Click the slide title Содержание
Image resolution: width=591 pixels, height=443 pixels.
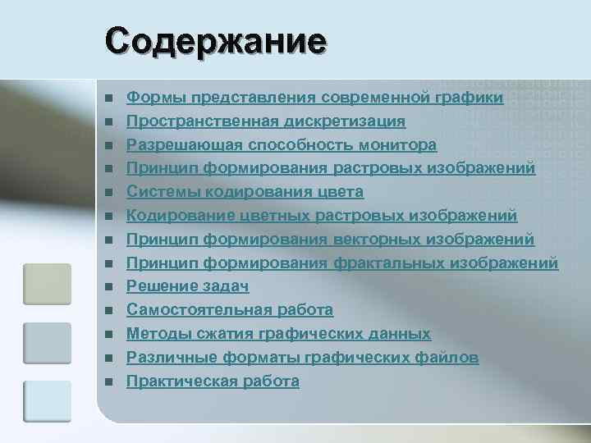(215, 40)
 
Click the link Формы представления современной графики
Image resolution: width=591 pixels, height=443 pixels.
(314, 98)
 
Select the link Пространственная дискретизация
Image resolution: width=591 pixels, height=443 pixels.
(265, 121)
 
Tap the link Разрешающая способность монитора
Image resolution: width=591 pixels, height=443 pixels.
(281, 145)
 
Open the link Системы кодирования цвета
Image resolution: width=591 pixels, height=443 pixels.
(245, 192)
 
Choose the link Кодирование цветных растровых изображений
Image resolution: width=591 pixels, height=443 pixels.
(321, 216)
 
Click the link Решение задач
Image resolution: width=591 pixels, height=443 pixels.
(187, 286)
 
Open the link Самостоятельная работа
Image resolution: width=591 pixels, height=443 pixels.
(229, 310)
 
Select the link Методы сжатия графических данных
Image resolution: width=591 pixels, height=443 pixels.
(278, 334)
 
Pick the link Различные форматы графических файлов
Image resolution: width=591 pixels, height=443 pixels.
(302, 358)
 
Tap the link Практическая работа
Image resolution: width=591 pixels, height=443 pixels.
(213, 381)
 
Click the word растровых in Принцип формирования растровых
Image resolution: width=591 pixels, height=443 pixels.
(374, 169)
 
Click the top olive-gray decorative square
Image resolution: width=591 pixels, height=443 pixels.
(47, 284)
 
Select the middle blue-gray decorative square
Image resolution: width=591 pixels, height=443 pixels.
(47, 342)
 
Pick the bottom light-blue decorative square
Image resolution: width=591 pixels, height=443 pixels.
(47, 401)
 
